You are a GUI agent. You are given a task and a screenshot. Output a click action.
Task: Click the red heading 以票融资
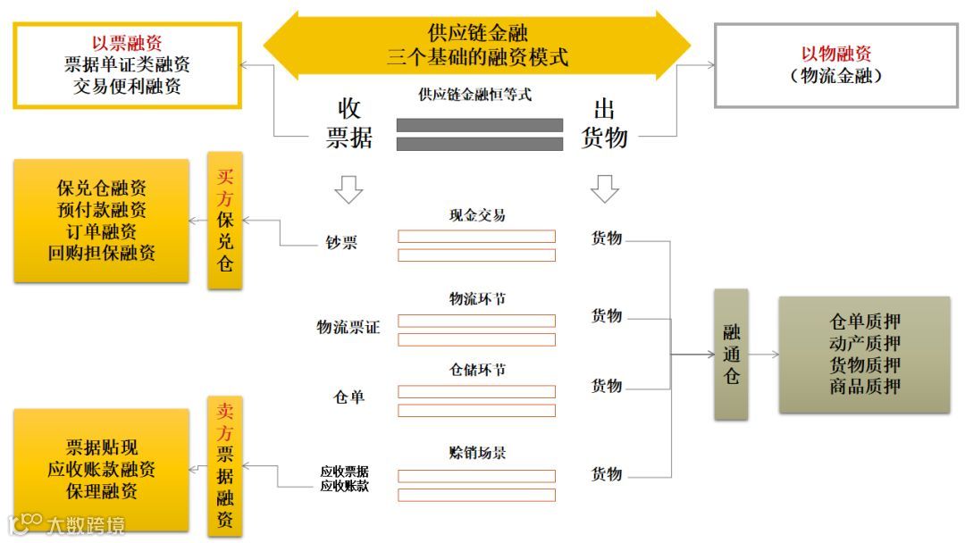pyautogui.click(x=127, y=43)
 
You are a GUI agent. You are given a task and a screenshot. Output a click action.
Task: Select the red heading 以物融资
pyautogui.click(x=836, y=54)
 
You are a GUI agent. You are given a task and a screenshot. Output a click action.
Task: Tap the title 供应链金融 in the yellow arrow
pyautogui.click(x=477, y=33)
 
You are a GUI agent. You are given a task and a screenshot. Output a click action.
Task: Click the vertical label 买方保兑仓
pyautogui.click(x=225, y=220)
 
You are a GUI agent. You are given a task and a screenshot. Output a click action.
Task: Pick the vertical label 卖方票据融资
pyautogui.click(x=225, y=465)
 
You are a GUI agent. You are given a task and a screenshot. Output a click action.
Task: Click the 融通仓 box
pyautogui.click(x=731, y=355)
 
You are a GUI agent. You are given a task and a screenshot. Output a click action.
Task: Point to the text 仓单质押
pyautogui.click(x=864, y=322)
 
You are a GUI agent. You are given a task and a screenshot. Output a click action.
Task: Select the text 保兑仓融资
pyautogui.click(x=101, y=188)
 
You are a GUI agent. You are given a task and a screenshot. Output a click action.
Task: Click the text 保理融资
pyautogui.click(x=101, y=491)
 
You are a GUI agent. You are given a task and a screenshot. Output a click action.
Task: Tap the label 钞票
pyautogui.click(x=341, y=242)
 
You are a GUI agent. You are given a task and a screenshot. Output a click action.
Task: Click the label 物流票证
pyautogui.click(x=348, y=327)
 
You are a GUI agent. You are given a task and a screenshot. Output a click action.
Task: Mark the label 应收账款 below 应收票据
pyautogui.click(x=345, y=486)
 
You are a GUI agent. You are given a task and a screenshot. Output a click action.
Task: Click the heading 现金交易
pyautogui.click(x=477, y=216)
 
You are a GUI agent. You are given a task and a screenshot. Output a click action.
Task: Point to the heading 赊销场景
pyautogui.click(x=477, y=453)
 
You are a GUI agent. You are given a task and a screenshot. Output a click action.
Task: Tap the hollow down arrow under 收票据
pyautogui.click(x=348, y=188)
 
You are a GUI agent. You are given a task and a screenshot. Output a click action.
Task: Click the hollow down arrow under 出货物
pyautogui.click(x=605, y=188)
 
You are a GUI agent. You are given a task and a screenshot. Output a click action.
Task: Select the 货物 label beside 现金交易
pyautogui.click(x=607, y=238)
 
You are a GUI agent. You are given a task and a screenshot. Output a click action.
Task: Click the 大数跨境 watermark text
pyautogui.click(x=86, y=524)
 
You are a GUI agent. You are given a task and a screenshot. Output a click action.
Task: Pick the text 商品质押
pyautogui.click(x=864, y=387)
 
